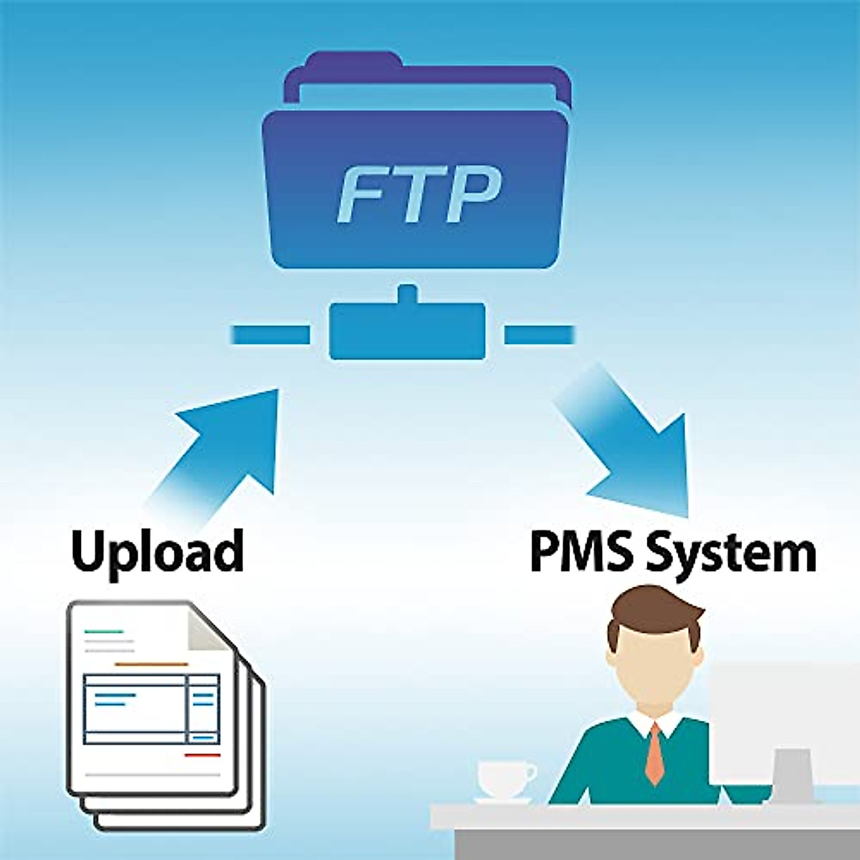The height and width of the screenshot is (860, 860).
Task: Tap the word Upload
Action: [x=158, y=552]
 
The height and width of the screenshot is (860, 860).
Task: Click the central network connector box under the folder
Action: [x=407, y=330]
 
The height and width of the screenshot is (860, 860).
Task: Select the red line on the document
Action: [x=202, y=755]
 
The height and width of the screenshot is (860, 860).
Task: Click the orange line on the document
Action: [x=150, y=664]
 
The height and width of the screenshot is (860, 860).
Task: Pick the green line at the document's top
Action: [x=104, y=632]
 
